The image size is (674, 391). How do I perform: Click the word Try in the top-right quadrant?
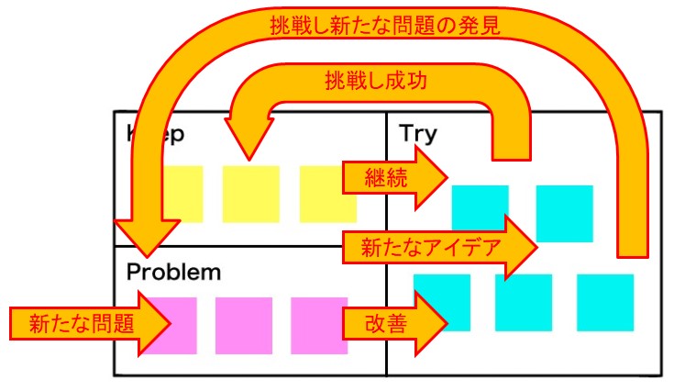[x=418, y=134]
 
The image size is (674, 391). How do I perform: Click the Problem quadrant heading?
[x=173, y=273]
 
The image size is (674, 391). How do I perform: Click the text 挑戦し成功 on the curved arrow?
[x=377, y=80]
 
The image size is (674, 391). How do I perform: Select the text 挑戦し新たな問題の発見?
[x=384, y=27]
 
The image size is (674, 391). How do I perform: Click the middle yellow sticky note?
[x=251, y=194]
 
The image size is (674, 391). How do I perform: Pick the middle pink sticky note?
[x=244, y=325]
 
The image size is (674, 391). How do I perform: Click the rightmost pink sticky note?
[x=319, y=325]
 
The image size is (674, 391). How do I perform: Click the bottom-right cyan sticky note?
[x=605, y=302]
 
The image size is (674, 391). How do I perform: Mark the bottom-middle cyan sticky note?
[x=523, y=302]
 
